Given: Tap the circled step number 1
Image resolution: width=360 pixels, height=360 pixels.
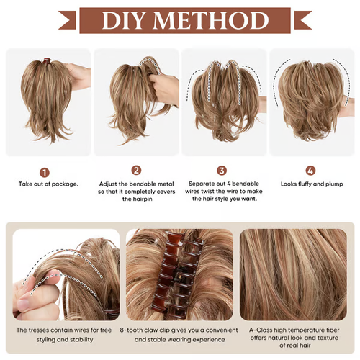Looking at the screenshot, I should coord(45,172).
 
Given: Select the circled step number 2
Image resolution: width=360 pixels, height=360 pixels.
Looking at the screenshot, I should coord(136,171).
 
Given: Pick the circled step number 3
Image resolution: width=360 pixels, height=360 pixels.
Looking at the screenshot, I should coord(222,171).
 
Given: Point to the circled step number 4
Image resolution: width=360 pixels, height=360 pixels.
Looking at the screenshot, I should coord(310,171).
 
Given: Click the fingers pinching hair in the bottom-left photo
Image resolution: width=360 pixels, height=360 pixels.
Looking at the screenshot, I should coord(25,295).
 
